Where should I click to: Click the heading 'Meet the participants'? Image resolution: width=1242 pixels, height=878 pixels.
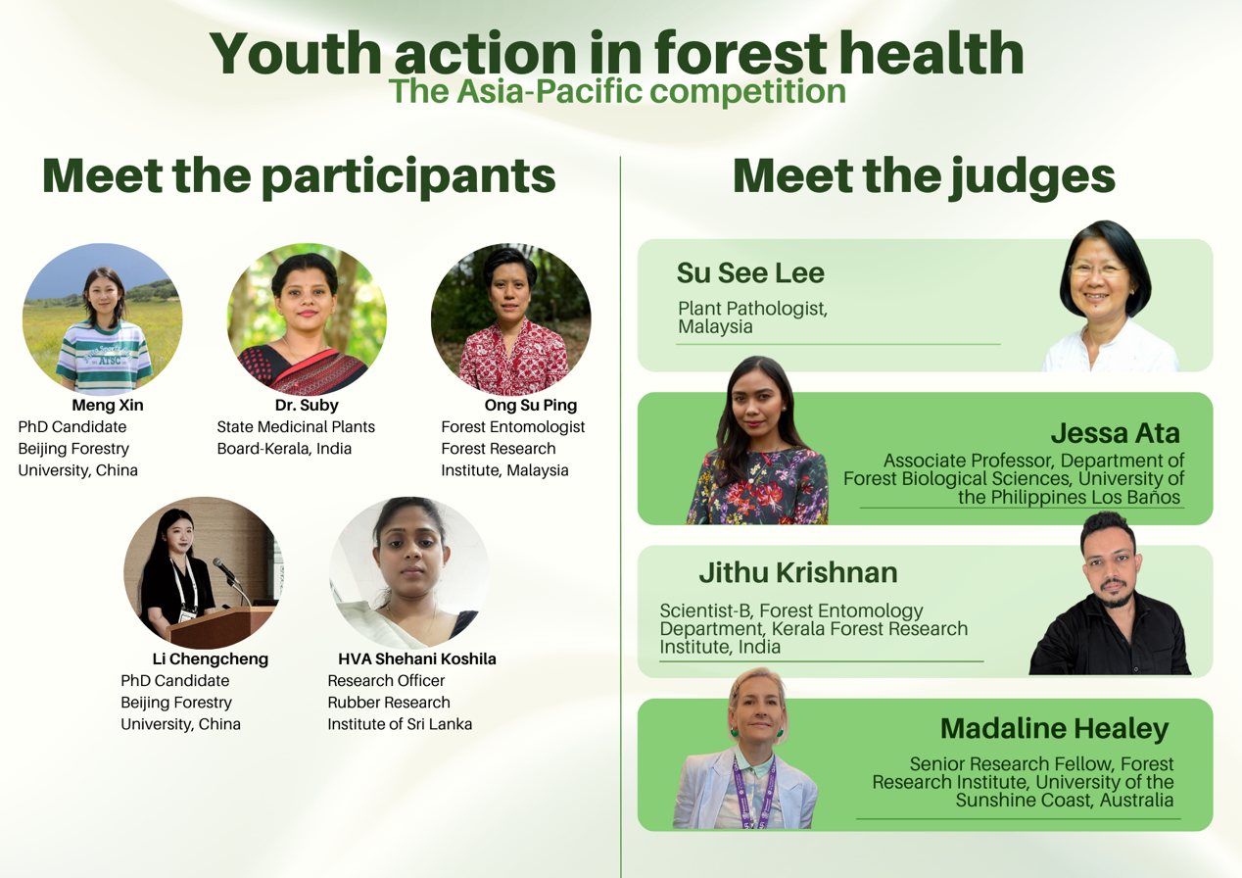pyautogui.click(x=299, y=176)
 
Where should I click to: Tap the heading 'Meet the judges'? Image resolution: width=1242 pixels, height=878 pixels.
pyautogui.click(x=924, y=176)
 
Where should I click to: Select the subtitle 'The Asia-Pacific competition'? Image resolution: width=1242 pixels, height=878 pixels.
pyautogui.click(x=617, y=91)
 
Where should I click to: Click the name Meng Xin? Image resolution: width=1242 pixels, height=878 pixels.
pyautogui.click(x=108, y=406)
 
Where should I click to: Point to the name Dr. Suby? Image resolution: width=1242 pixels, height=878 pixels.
pyautogui.click(x=307, y=406)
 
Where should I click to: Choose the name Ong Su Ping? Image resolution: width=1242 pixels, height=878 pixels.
pyautogui.click(x=531, y=406)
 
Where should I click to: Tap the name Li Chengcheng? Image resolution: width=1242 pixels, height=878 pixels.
pyautogui.click(x=211, y=658)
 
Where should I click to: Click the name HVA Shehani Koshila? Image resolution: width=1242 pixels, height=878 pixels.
pyautogui.click(x=417, y=658)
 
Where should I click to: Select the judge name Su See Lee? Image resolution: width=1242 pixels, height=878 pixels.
pyautogui.click(x=750, y=272)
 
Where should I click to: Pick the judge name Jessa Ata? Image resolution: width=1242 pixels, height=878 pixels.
pyautogui.click(x=1115, y=433)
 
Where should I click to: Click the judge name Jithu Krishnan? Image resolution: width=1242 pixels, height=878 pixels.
pyautogui.click(x=798, y=573)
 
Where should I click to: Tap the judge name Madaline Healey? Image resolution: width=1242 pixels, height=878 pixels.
pyautogui.click(x=1055, y=729)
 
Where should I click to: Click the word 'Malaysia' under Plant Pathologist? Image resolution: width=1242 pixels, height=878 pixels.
pyautogui.click(x=715, y=327)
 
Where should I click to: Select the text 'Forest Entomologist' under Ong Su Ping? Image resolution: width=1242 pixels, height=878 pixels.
pyautogui.click(x=513, y=427)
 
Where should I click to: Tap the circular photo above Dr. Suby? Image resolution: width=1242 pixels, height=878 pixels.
pyautogui.click(x=307, y=318)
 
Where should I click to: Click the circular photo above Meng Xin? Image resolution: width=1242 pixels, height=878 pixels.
pyautogui.click(x=102, y=318)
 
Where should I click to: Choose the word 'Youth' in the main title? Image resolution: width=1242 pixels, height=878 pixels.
pyautogui.click(x=296, y=54)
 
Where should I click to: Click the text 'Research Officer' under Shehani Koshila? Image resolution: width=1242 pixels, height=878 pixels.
pyautogui.click(x=386, y=680)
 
